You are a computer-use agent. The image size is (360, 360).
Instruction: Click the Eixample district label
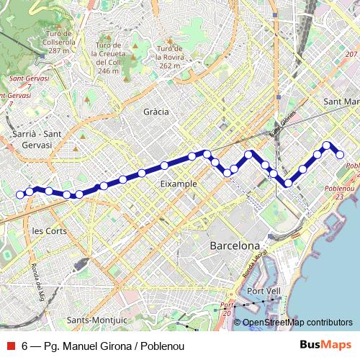(179, 184)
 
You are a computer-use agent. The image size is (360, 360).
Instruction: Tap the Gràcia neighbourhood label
(156, 112)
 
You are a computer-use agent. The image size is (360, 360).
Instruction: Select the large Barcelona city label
(234, 246)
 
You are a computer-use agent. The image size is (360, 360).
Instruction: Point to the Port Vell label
(263, 291)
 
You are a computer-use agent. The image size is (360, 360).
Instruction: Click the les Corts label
(50, 231)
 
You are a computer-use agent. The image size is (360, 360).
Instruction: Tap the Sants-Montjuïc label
(96, 320)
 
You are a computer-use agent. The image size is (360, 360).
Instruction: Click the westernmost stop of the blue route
(20, 194)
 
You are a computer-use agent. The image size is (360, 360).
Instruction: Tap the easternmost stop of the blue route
(340, 154)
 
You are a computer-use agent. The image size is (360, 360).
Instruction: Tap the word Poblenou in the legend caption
(162, 346)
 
